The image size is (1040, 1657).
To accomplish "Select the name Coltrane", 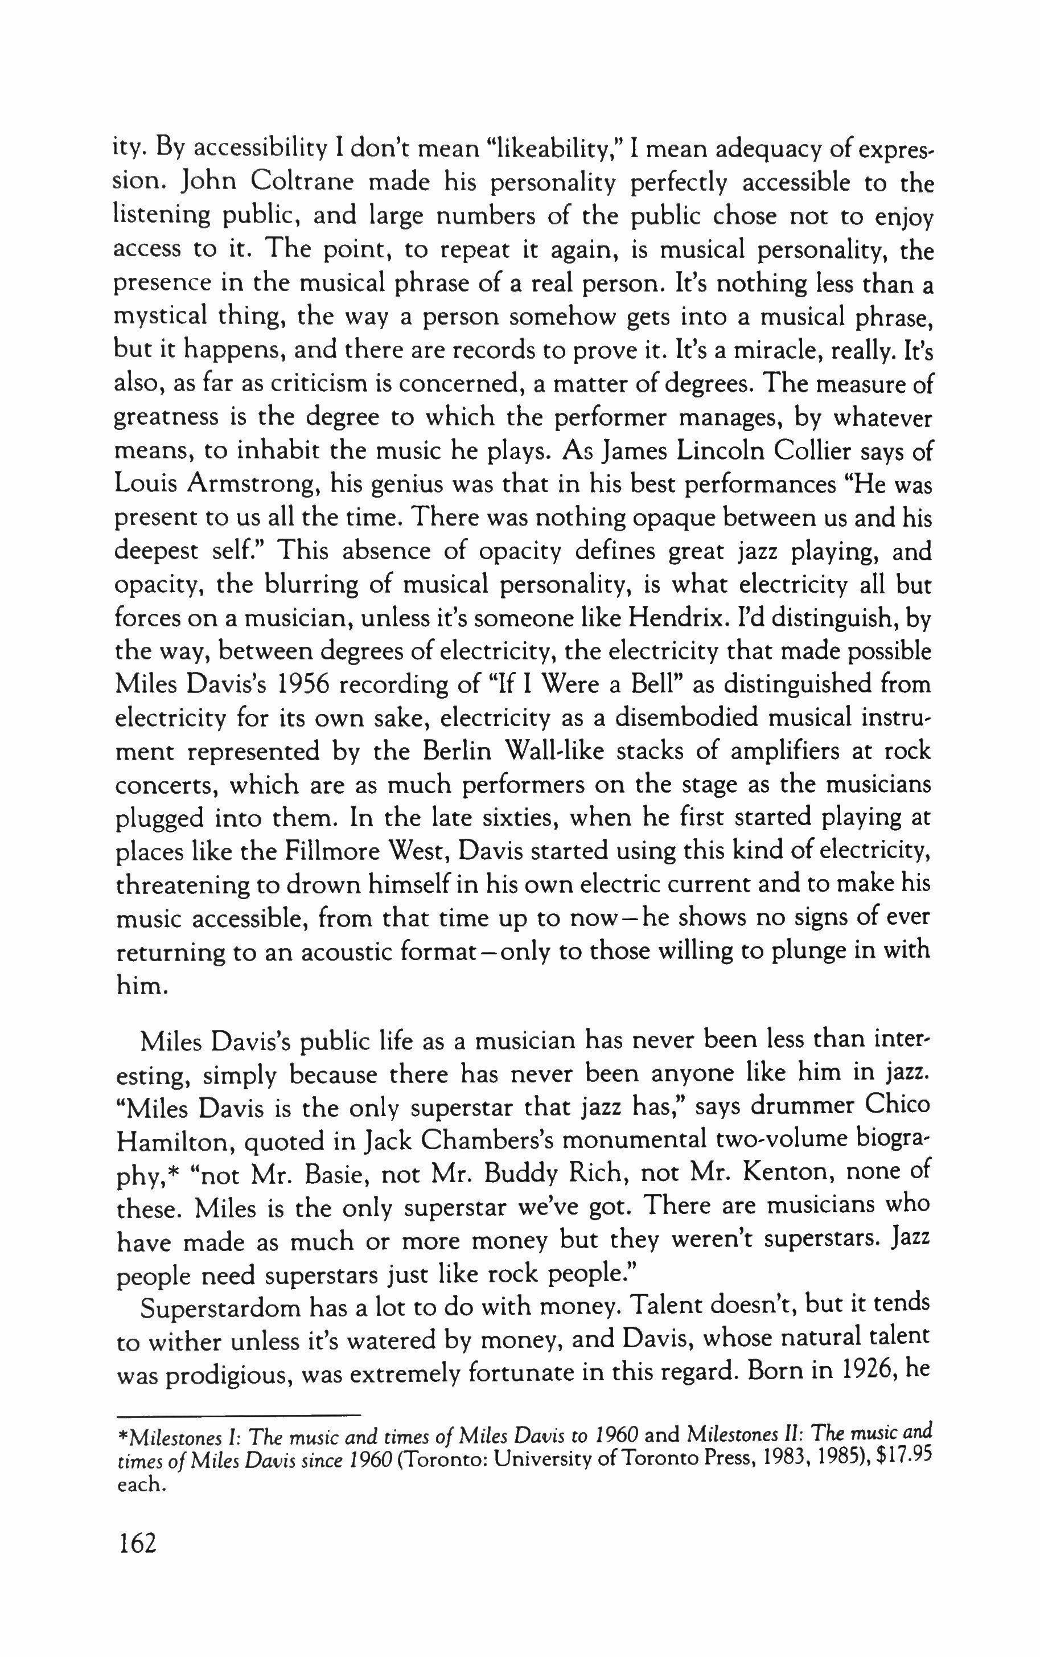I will (301, 183).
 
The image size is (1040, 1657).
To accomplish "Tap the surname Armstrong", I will (247, 486).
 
